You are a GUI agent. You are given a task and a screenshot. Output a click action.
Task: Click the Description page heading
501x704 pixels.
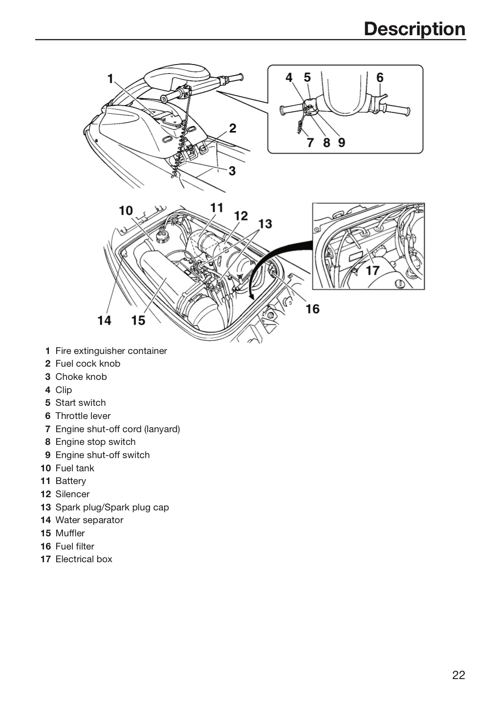coord(414,29)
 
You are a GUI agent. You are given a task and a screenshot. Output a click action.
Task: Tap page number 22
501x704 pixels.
coord(458,675)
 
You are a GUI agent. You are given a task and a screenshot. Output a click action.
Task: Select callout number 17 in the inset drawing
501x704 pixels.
coord(373,271)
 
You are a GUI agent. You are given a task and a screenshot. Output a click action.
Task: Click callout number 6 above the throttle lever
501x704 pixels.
coord(380,77)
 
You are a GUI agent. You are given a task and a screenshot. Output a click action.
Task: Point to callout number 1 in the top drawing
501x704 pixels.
coord(110,79)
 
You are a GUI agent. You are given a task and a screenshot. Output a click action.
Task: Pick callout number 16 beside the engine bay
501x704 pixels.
coord(313,309)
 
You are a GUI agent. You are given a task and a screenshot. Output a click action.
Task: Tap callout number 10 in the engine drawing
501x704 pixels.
coord(126,211)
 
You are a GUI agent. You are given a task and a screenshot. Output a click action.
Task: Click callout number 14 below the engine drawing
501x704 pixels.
coord(104,321)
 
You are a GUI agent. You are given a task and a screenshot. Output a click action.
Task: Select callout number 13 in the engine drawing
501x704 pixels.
coord(265,224)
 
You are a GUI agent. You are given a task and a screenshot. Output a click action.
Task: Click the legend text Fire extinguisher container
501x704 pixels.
coord(111,351)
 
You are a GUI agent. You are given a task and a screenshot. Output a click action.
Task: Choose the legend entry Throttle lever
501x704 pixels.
coord(83,416)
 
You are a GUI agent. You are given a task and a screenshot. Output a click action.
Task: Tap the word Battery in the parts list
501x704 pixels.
coord(71,481)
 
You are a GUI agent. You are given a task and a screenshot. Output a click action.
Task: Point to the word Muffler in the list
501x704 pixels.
coord(70,533)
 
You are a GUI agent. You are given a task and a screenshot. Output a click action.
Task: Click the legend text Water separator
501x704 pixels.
coord(89,520)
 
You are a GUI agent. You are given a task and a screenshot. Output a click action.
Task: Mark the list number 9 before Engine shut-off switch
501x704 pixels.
coord(48,455)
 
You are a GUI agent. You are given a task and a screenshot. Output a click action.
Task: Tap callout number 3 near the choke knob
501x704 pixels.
coord(232,171)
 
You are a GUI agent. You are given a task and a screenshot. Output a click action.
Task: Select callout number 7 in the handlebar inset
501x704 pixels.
coord(310,143)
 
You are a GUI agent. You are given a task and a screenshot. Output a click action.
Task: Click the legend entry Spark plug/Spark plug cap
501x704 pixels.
coord(112,507)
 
